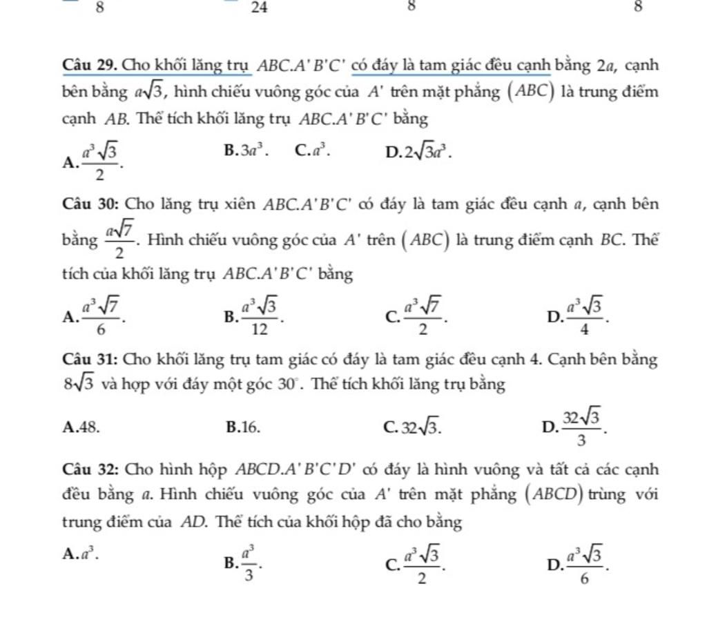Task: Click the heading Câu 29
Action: tap(87, 66)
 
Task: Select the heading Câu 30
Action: tap(87, 204)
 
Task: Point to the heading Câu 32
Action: tap(87, 470)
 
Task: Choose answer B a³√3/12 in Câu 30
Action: tap(253, 316)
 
